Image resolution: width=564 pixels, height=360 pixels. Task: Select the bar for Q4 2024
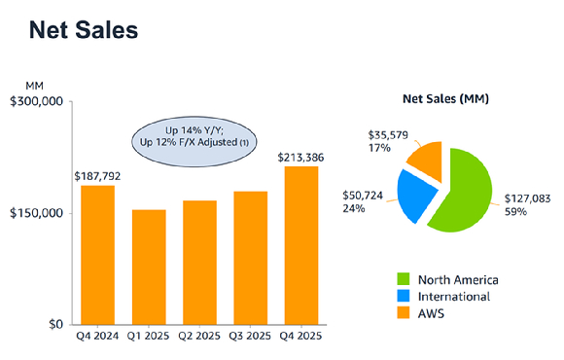97,255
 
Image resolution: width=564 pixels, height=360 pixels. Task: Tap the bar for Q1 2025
149,267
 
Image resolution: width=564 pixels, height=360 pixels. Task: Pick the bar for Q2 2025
199,263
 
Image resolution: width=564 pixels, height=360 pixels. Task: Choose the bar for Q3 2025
251,258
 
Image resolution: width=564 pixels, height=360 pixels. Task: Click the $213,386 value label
301,157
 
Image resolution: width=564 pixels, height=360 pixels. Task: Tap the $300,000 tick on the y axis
36,101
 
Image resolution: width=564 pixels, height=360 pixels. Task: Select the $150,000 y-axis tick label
36,213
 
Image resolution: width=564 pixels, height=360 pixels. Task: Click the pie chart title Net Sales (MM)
445,99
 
